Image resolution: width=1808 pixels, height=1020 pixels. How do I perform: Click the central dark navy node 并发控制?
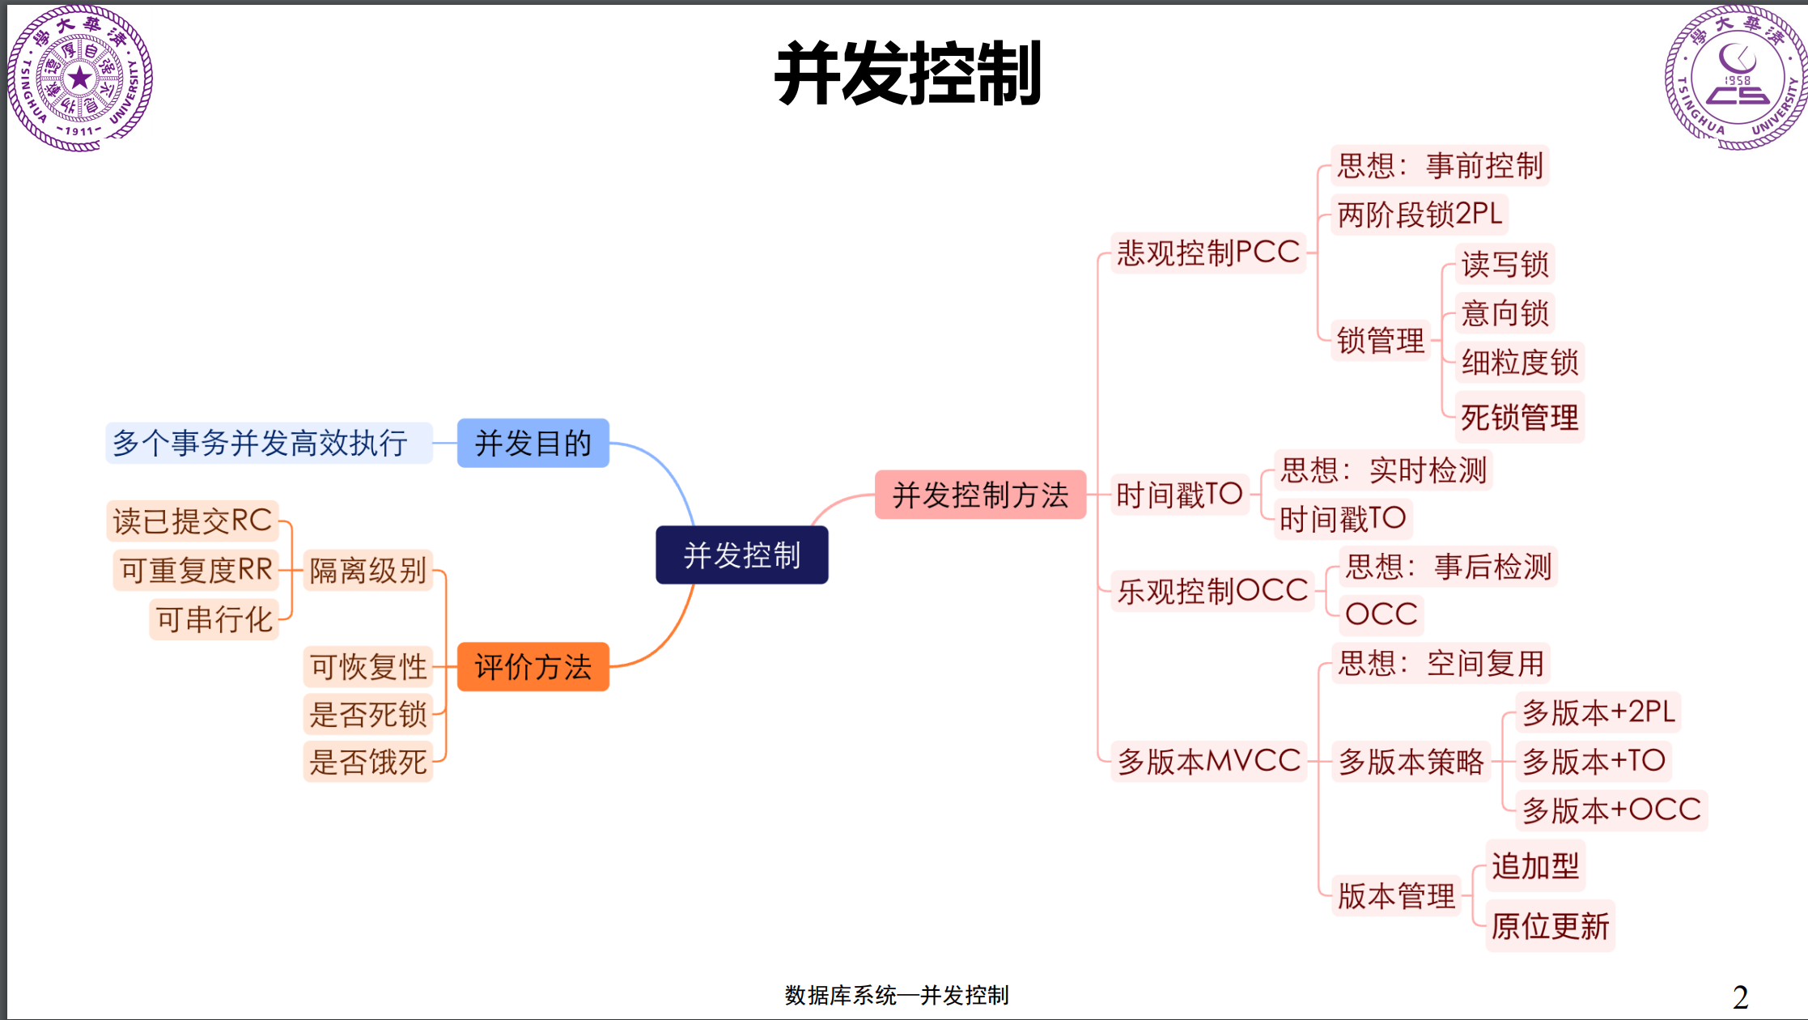point(741,555)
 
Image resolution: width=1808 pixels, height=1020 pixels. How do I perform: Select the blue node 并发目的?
point(533,443)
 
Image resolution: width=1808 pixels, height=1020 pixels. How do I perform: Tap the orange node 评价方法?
point(533,667)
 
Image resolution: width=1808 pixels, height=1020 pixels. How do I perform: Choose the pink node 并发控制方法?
point(980,495)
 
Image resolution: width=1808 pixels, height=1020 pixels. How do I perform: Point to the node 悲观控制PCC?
point(1208,253)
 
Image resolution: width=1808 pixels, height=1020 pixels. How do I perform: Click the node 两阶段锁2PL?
point(1420,215)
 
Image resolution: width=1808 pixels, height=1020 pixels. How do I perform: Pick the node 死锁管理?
point(1519,418)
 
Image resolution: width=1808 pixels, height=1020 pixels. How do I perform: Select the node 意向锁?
point(1505,313)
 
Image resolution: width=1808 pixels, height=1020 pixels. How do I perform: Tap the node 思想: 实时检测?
point(1383,470)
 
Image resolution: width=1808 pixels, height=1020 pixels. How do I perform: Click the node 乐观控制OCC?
point(1212,591)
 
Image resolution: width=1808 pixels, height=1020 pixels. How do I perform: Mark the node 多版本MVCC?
point(1209,761)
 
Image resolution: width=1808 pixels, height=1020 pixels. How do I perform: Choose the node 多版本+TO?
point(1593,761)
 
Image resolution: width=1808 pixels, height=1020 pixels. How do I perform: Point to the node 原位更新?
point(1550,926)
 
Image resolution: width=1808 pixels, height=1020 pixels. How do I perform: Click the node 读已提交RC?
point(193,521)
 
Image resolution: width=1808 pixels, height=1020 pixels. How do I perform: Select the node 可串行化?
point(214,619)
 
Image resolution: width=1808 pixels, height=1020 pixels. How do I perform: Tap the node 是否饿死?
point(368,762)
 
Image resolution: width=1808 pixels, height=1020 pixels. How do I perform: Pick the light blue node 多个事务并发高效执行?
point(260,443)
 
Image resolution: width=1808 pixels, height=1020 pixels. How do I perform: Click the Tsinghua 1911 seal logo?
point(79,79)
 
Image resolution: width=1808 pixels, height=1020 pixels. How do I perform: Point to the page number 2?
point(1740,997)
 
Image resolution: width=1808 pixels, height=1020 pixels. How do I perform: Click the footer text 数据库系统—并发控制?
point(897,995)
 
